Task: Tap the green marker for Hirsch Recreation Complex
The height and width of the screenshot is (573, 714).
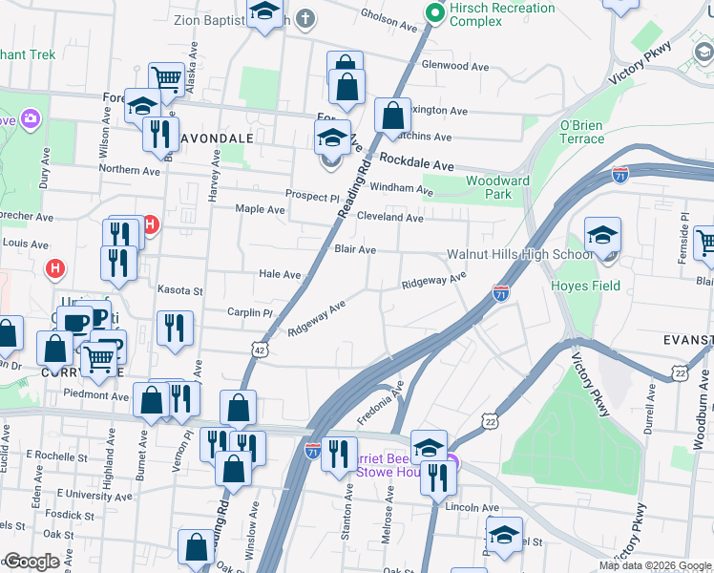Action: (435, 12)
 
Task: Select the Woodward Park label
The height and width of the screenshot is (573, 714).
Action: (497, 187)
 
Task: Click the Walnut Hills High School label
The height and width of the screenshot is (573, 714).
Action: (520, 254)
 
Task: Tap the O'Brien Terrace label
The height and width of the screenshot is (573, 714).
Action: (582, 132)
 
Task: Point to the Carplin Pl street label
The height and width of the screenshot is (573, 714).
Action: (250, 312)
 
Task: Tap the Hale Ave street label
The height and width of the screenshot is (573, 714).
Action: (280, 274)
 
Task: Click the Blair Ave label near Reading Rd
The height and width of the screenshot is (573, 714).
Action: (354, 249)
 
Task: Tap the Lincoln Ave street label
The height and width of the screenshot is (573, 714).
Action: (476, 508)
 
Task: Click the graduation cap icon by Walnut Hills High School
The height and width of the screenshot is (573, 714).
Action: (603, 235)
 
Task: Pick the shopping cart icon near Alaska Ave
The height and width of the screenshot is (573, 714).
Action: (167, 78)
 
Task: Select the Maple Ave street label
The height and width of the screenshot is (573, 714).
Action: (261, 209)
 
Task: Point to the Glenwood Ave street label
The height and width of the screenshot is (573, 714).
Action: (455, 66)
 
